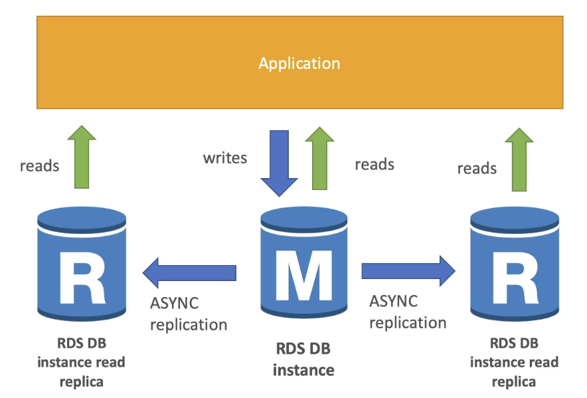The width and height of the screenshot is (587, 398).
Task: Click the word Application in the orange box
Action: click(x=299, y=64)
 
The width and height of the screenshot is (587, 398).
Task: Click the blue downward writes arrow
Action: click(x=280, y=163)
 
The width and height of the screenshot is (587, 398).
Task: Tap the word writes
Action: click(x=225, y=158)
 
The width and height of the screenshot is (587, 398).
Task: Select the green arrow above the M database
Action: click(x=319, y=158)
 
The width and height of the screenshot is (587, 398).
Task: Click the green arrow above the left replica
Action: click(x=82, y=157)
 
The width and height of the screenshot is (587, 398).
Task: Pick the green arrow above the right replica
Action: click(x=519, y=159)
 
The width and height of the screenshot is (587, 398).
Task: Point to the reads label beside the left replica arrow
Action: click(x=39, y=166)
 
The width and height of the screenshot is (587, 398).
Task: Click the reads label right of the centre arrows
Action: click(x=375, y=165)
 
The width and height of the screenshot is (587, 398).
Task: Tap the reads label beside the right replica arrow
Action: click(x=477, y=169)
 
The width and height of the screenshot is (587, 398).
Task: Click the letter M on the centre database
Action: click(x=303, y=276)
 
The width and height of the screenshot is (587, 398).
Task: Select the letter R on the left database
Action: click(x=82, y=277)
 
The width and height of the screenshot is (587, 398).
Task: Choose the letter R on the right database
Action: click(x=515, y=278)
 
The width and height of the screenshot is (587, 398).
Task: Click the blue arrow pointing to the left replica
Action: click(x=189, y=272)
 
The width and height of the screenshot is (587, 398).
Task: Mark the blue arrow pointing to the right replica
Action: click(x=408, y=271)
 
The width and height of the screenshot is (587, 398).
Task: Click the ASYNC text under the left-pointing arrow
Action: click(x=174, y=303)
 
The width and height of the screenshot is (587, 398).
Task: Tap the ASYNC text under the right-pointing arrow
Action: click(x=394, y=301)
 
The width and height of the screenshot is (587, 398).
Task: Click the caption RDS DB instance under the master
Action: click(x=303, y=359)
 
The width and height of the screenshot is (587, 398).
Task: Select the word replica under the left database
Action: click(x=82, y=382)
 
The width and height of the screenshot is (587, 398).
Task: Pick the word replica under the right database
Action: click(x=514, y=382)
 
